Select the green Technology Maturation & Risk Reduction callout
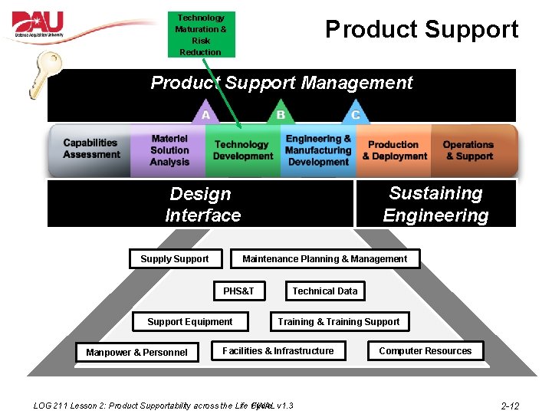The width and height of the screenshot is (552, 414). click(201, 34)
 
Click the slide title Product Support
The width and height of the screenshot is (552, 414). click(422, 30)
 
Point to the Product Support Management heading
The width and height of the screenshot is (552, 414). click(281, 83)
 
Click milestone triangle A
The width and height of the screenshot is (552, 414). click(205, 113)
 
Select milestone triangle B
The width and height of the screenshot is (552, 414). click(281, 113)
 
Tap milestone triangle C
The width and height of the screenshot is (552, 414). click(355, 113)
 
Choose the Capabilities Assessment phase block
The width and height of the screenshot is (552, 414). click(91, 149)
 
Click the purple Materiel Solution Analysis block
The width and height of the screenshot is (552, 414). click(169, 150)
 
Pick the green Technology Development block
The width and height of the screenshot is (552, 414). click(242, 150)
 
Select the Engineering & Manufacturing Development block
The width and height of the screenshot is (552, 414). click(318, 150)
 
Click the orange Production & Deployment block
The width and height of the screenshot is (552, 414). click(395, 150)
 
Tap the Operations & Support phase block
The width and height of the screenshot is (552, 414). click(468, 150)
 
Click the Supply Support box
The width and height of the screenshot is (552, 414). click(175, 259)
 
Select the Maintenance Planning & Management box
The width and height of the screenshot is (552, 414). click(325, 259)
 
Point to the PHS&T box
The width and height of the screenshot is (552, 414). click(238, 291)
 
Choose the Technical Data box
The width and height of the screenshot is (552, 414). click(325, 291)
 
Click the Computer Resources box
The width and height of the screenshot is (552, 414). click(426, 351)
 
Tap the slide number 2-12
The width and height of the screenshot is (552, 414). click(510, 406)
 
